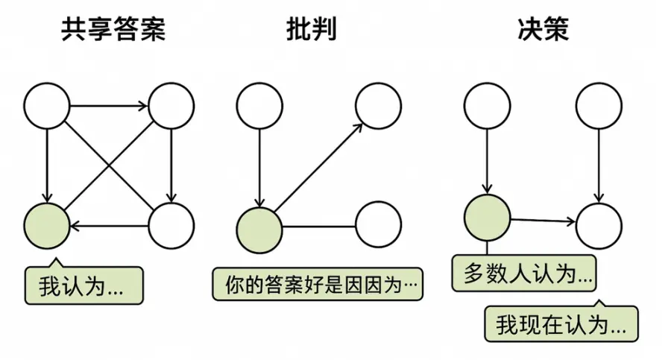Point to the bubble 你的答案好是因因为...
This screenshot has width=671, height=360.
[x=318, y=284]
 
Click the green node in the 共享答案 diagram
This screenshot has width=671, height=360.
[x=46, y=225]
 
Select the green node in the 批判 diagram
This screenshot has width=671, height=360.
[x=259, y=225]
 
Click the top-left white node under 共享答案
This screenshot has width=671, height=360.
[x=46, y=106]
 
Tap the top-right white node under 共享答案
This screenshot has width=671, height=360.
[x=171, y=106]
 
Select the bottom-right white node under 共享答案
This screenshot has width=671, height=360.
[x=171, y=225]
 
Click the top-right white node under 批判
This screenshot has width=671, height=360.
[x=379, y=106]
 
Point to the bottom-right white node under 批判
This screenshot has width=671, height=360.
[x=379, y=225]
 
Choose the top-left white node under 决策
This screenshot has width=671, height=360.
[x=487, y=106]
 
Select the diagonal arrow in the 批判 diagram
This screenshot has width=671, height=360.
[x=319, y=165]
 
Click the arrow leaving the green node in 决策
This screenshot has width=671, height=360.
[x=543, y=221]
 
